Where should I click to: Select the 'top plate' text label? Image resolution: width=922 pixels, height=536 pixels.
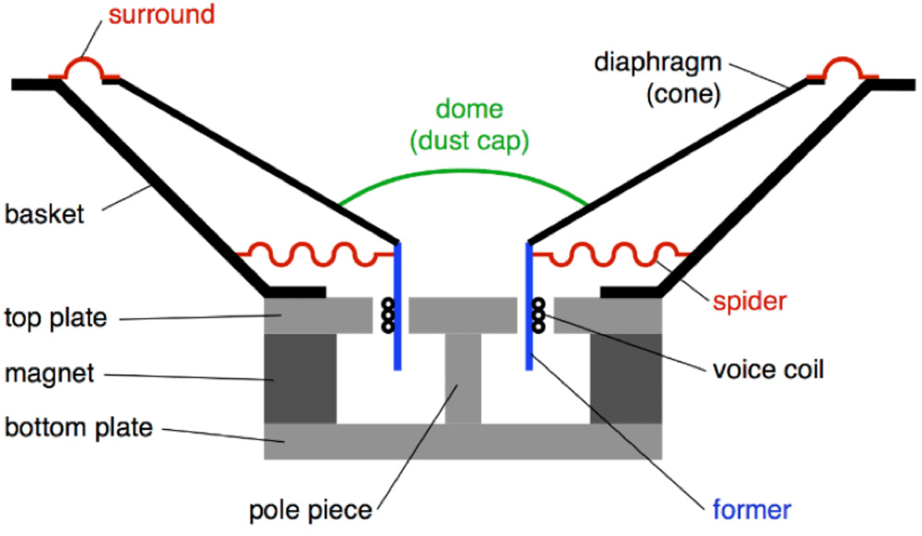tap(54, 318)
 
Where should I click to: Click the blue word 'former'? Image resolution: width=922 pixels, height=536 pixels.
tap(751, 509)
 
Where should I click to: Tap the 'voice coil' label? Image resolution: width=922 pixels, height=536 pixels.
tap(768, 371)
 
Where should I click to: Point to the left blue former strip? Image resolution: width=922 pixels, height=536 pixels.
tap(397, 304)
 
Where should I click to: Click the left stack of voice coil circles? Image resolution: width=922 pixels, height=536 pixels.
tap(387, 316)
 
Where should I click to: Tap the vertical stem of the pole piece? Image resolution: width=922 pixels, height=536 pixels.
tap(463, 378)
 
